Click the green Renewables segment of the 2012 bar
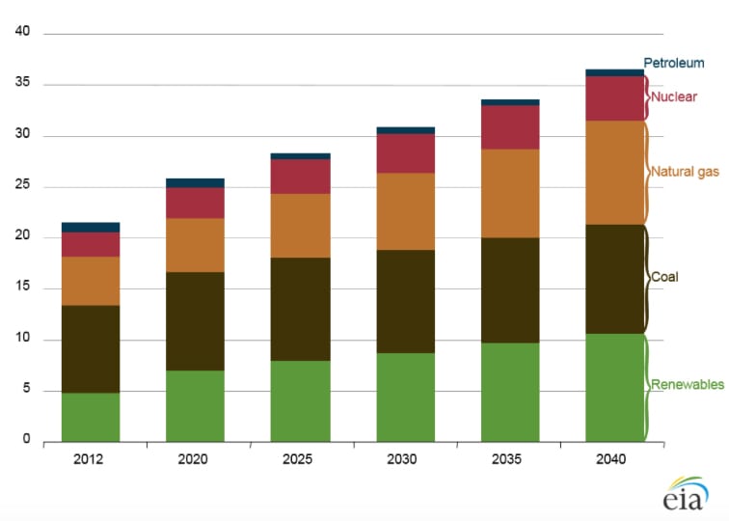click(91, 417)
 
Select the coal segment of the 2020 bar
click(195, 321)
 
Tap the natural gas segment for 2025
click(300, 226)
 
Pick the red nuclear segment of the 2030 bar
click(405, 153)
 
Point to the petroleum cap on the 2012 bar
click(91, 227)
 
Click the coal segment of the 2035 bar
click(510, 290)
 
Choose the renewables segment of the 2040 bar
click(614, 387)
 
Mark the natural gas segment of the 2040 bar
click(614, 173)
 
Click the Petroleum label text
click(674, 64)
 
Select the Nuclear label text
click(673, 96)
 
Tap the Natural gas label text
click(685, 172)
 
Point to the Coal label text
click(664, 277)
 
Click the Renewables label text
click(688, 385)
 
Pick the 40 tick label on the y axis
click(23, 32)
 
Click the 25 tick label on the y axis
click(23, 186)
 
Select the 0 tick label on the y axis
click(27, 441)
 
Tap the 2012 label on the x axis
click(90, 459)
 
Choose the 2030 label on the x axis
click(405, 459)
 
